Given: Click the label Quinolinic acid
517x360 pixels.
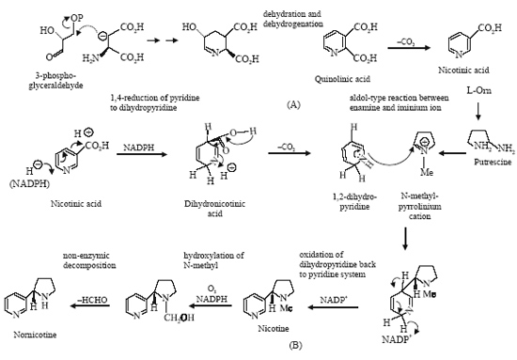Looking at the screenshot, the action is click(342, 79).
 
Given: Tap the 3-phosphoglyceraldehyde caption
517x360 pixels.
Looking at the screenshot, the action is click(55, 81).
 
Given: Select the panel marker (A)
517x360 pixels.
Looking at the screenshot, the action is click(293, 104).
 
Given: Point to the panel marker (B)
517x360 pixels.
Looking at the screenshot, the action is click(295, 345).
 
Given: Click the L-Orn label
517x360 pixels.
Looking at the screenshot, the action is click(478, 90).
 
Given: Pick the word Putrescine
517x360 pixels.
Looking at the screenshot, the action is click(493, 162).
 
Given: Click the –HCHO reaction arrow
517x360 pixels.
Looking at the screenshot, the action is click(90, 305).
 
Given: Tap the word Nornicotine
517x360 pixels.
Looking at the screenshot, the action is click(35, 335).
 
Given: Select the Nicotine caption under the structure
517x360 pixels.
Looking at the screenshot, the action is click(274, 328).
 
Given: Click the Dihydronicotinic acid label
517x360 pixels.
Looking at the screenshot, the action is click(214, 209).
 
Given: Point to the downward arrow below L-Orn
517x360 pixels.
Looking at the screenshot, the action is click(478, 112).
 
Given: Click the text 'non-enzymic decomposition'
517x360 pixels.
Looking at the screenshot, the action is click(89, 260).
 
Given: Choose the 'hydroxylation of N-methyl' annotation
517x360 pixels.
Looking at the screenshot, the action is click(213, 260).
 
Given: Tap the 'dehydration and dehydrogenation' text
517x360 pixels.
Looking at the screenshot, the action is click(292, 19).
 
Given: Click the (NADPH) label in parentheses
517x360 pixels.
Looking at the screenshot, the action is click(30, 184).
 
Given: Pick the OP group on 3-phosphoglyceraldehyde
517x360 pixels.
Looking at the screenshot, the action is click(77, 18).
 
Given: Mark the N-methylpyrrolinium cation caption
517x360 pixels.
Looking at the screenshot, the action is click(420, 207).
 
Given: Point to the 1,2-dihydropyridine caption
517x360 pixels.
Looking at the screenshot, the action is click(354, 201).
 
